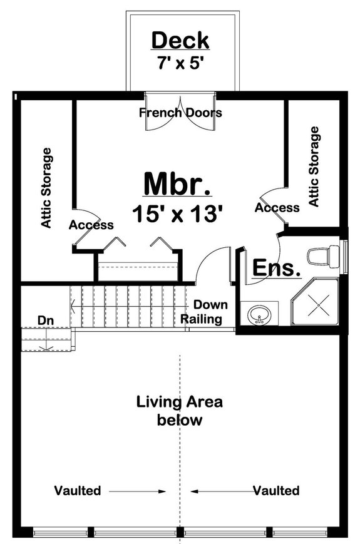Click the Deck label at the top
(x=180, y=41)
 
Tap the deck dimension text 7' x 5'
(x=180, y=63)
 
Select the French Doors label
(x=180, y=113)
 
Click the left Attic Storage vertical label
(x=46, y=188)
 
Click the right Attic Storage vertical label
(x=314, y=167)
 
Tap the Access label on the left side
(x=91, y=225)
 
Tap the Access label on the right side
(x=277, y=207)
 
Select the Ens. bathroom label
(x=277, y=268)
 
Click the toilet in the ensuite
(x=322, y=257)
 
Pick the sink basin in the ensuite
(x=259, y=314)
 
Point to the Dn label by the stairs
(x=45, y=321)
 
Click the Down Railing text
(x=202, y=312)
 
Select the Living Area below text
(x=180, y=411)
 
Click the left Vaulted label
(x=78, y=491)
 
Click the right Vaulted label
(x=276, y=490)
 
